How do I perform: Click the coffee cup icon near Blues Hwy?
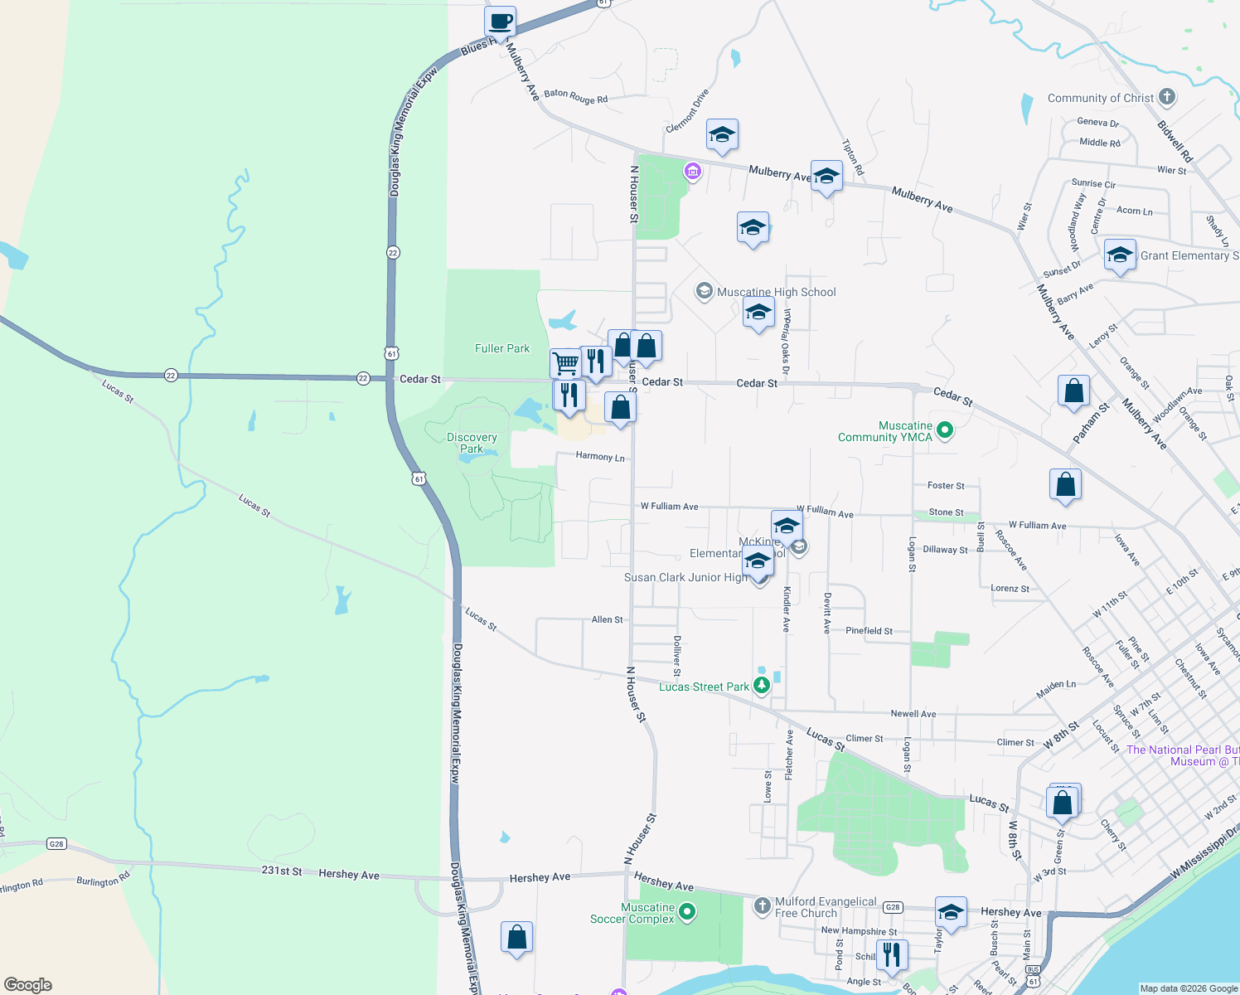[x=500, y=22]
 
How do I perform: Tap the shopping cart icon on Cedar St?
[x=565, y=363]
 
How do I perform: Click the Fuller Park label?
[x=501, y=349]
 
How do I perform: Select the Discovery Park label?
[x=472, y=443]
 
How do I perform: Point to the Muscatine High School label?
[x=776, y=292]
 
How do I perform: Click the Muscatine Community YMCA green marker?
[x=945, y=430]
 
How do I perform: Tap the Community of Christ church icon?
[x=1167, y=97]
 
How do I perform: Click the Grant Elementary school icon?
[x=1119, y=255]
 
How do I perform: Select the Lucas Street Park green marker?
[x=761, y=686]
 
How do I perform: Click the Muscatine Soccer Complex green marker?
[x=686, y=912]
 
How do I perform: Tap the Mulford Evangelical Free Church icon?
[x=763, y=905]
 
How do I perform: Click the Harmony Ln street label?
[x=600, y=457]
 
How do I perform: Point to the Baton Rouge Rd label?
[x=576, y=97]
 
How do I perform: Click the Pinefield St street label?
[x=869, y=631]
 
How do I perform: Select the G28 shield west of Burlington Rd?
[x=56, y=844]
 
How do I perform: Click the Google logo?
[x=27, y=984]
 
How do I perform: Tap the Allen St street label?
[x=607, y=619]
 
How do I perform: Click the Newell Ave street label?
[x=913, y=714]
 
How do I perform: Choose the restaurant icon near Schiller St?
[x=891, y=954]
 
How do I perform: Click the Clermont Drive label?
[x=687, y=111]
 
